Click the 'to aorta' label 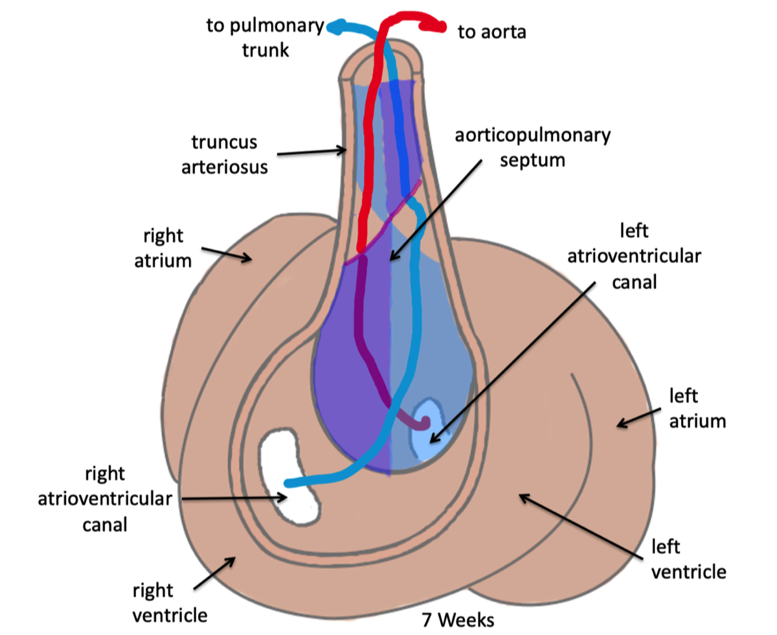pyautogui.click(x=491, y=31)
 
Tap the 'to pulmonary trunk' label pyautogui.click(x=265, y=38)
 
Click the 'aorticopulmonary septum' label pyautogui.click(x=532, y=147)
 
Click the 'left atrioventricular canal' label pyautogui.click(x=633, y=256)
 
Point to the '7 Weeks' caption pyautogui.click(x=457, y=619)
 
